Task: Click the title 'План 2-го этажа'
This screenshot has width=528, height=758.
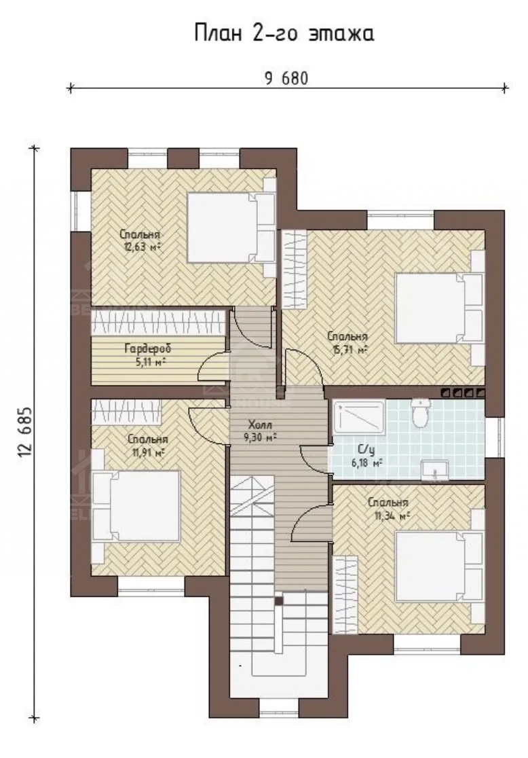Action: pos(284,34)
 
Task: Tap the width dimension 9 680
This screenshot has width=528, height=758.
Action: pos(286,78)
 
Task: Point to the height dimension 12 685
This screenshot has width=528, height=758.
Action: pos(25,431)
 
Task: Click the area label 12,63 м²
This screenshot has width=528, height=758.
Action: pos(140,246)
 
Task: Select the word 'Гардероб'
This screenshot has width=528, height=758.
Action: pos(148,348)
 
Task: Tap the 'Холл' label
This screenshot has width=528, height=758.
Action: pos(261,425)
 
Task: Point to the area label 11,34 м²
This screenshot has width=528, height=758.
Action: pos(392,516)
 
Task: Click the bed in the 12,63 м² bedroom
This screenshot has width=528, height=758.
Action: pos(231,228)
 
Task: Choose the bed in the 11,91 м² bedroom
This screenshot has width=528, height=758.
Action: pos(136,505)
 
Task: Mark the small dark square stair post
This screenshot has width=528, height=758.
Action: pos(279,601)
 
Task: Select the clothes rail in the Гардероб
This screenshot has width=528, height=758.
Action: pos(159,321)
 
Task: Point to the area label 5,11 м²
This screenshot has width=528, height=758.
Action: pos(148,361)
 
